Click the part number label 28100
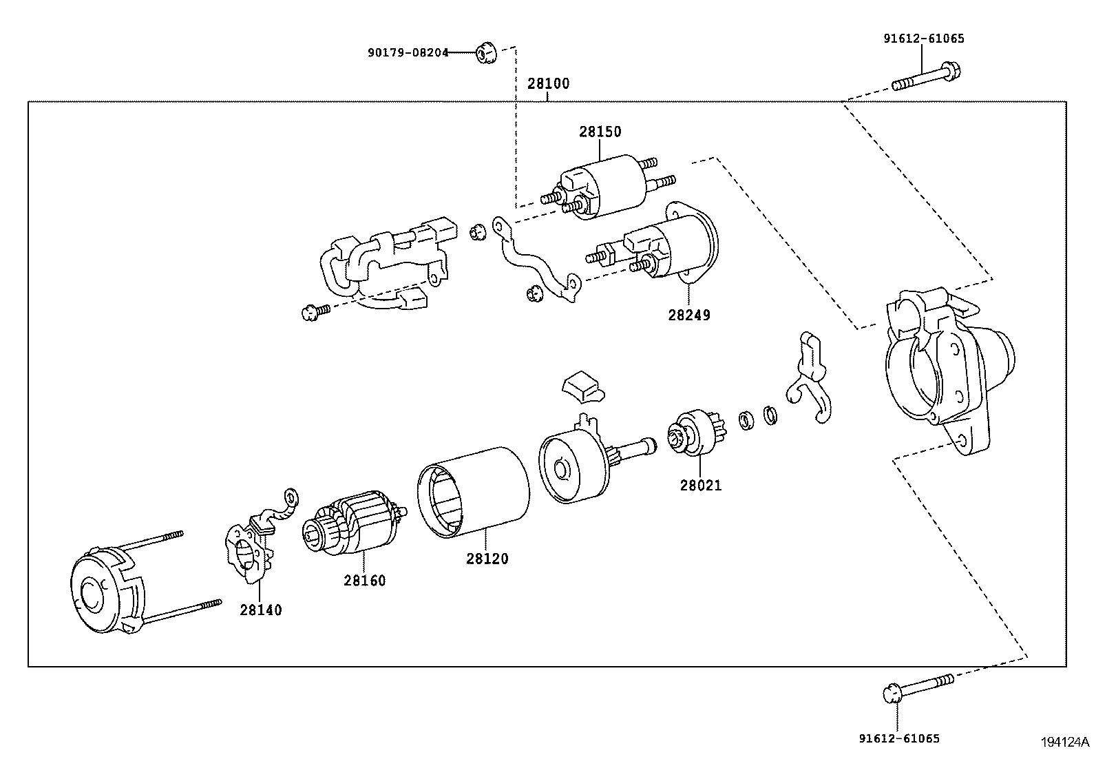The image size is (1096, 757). [548, 84]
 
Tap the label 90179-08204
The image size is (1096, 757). [407, 52]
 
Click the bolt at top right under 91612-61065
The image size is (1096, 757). [927, 77]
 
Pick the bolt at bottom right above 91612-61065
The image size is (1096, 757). [917, 687]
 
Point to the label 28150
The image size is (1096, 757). [600, 132]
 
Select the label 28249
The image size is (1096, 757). [688, 315]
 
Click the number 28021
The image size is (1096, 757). [701, 486]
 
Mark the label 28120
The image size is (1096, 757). [487, 559]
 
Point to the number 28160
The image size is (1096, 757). [364, 581]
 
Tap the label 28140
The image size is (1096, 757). [261, 610]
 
